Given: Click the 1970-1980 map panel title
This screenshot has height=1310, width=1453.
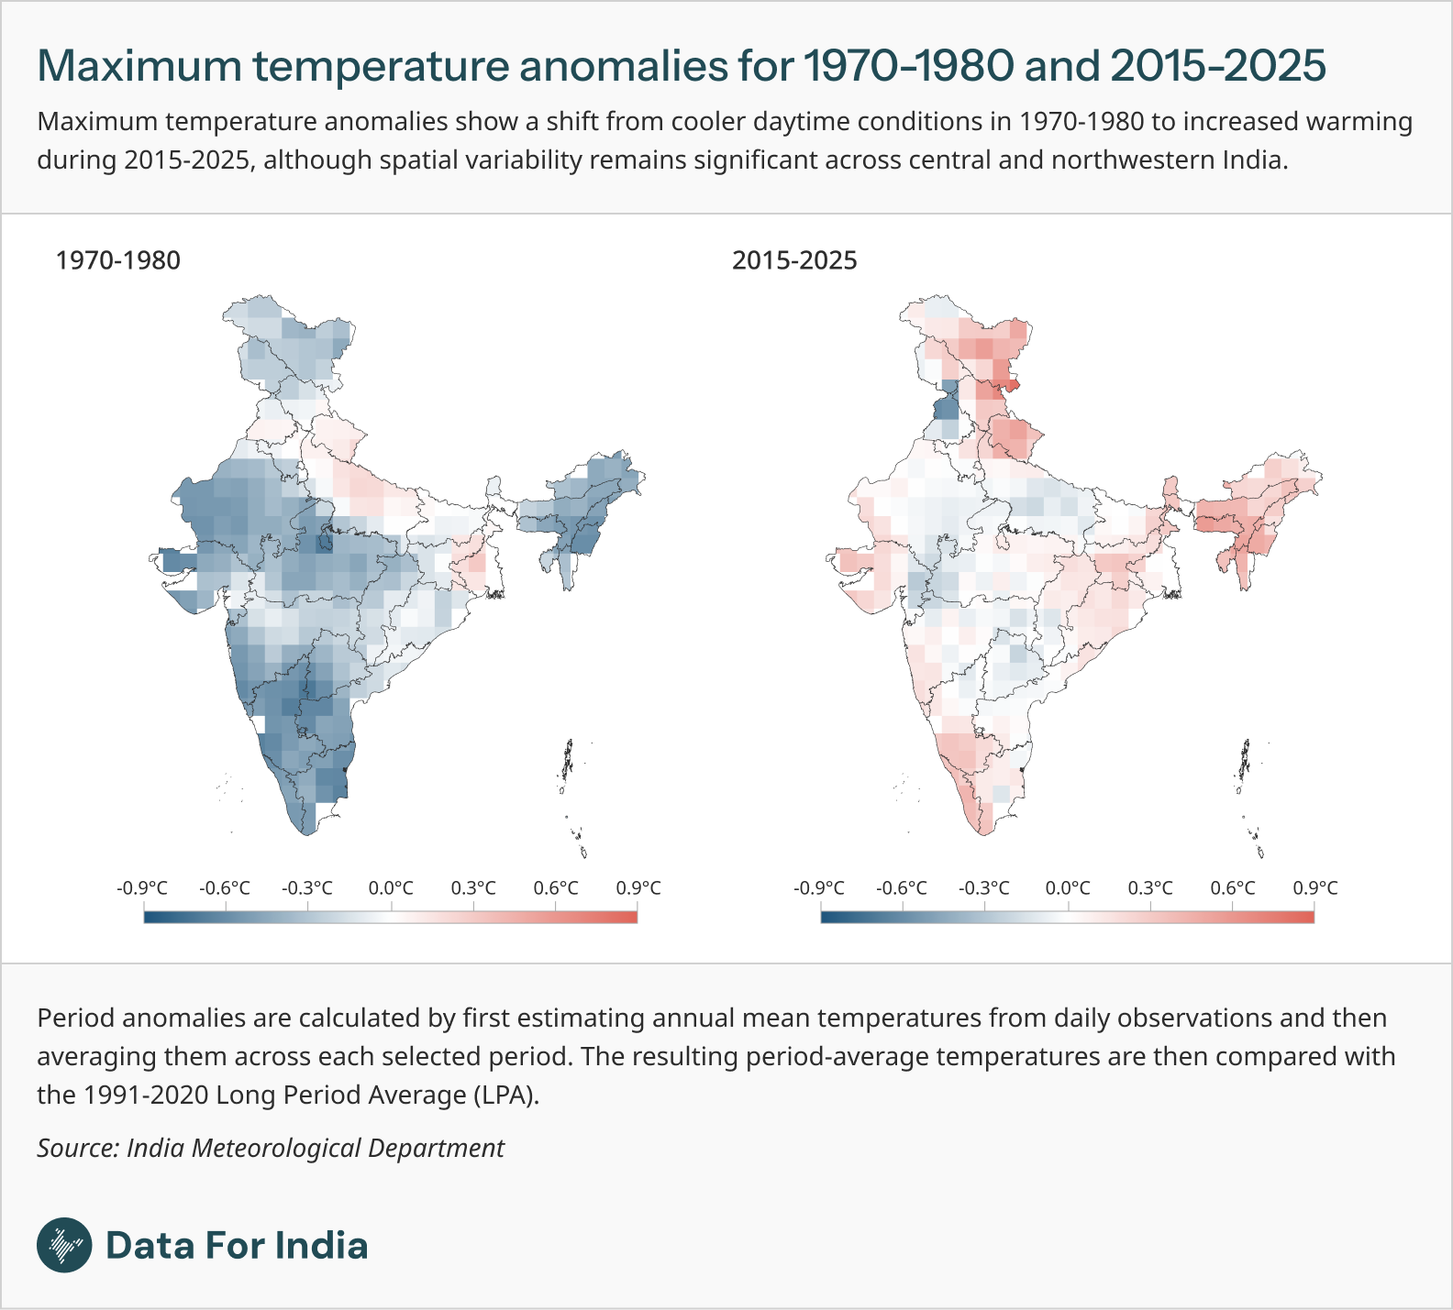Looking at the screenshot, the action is point(118,260).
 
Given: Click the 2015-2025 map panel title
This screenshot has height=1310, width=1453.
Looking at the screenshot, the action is point(794,260).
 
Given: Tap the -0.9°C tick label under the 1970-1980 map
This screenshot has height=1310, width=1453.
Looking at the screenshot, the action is point(142,888).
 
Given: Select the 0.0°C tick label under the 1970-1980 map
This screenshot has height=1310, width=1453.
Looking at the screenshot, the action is point(391,888).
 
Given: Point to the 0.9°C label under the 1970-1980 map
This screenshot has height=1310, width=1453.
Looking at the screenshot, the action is point(638,888).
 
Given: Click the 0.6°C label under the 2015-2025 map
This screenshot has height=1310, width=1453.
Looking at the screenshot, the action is point(1233,888).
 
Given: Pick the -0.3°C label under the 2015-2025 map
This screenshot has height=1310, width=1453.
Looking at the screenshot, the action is point(984,888).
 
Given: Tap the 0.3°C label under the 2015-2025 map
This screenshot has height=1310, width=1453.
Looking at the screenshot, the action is point(1150,888).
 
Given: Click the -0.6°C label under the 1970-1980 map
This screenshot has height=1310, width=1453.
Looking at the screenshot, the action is point(225,888).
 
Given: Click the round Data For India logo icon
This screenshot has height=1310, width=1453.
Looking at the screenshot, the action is point(64,1245).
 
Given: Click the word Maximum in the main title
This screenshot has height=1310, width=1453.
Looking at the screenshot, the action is point(139,66).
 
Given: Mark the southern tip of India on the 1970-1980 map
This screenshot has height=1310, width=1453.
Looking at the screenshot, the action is point(307,832).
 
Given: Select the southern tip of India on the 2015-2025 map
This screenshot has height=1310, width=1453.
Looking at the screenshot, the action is point(983,832).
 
